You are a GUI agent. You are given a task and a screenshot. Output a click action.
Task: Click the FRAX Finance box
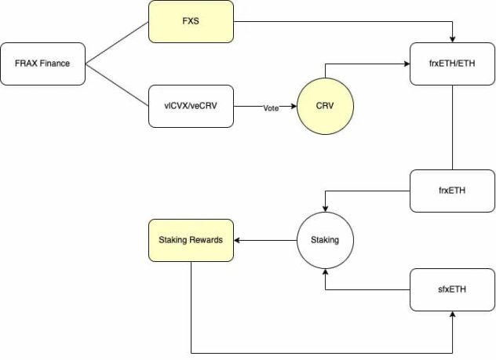[44, 64]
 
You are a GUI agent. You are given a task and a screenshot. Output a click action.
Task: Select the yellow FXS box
[191, 21]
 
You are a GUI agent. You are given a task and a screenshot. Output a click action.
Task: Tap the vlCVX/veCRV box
[191, 107]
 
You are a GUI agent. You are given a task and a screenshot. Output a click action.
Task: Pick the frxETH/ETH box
[453, 64]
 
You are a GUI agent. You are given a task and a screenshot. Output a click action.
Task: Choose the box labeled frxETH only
[453, 190]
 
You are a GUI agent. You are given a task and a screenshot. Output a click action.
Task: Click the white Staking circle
[325, 240]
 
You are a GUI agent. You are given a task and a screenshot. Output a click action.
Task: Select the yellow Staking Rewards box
[191, 240]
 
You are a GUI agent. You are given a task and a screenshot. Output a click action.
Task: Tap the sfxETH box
[453, 289]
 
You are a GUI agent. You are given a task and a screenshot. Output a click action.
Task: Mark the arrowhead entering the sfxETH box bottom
[453, 313]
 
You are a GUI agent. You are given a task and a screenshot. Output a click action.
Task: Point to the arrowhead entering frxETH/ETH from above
[453, 39]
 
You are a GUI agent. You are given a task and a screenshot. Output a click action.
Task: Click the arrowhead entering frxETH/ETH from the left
[407, 64]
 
